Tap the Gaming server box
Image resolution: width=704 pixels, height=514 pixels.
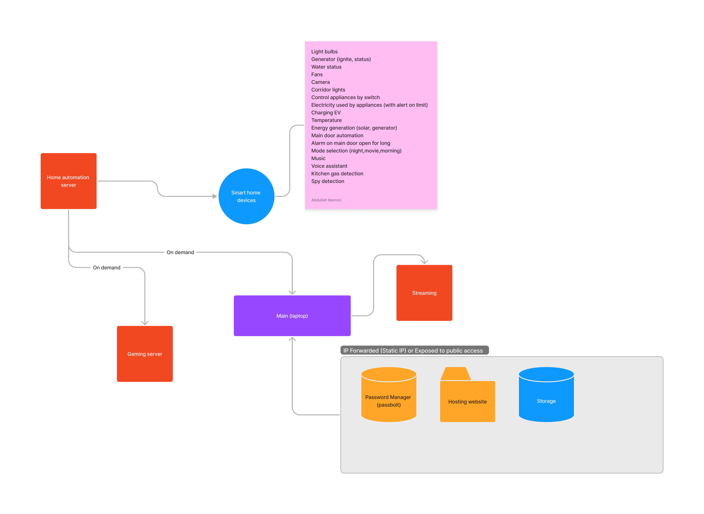[145, 354]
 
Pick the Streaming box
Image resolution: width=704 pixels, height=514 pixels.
[424, 293]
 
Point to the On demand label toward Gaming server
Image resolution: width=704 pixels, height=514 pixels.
[106, 268]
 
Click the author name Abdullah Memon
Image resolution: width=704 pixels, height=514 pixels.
[326, 200]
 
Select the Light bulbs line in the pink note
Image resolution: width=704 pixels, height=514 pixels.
[324, 52]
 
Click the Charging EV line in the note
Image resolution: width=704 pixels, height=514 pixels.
[326, 113]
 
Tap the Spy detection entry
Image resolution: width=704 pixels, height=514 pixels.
[328, 181]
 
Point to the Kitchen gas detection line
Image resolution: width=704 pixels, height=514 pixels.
[337, 174]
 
